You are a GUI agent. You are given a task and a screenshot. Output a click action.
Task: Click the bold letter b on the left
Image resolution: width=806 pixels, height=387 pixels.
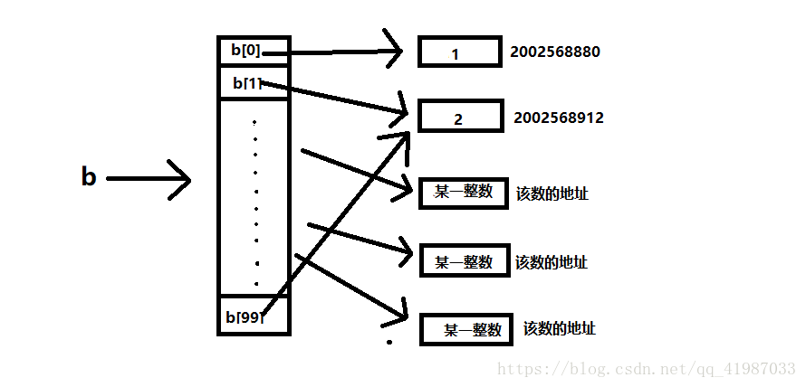[x=88, y=177]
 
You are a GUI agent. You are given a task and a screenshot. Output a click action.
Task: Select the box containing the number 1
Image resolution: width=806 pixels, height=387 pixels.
[x=458, y=52]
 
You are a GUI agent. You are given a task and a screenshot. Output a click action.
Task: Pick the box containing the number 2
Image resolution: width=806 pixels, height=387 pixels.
[x=459, y=118]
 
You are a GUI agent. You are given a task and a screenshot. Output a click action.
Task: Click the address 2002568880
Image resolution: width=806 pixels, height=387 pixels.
[x=555, y=52]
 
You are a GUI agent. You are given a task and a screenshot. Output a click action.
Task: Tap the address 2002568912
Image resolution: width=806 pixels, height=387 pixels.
[x=558, y=118]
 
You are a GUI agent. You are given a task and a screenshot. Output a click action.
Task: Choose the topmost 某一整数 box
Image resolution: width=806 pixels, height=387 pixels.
[x=462, y=193]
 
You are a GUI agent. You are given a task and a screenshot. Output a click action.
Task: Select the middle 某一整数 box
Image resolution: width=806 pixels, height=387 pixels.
[x=463, y=261]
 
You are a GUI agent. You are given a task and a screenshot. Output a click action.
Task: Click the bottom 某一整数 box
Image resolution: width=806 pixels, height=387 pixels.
[x=465, y=330]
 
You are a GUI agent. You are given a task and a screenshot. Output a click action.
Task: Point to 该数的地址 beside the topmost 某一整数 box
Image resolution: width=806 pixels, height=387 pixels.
[x=552, y=193]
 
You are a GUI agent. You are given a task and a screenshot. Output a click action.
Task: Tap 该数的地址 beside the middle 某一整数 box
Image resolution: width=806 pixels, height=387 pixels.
[x=551, y=262]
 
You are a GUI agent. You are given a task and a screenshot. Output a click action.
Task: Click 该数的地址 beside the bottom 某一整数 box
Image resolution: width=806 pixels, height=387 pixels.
[x=559, y=329]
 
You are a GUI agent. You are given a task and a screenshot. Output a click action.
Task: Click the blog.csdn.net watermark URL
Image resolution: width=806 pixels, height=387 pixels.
[x=648, y=369]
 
